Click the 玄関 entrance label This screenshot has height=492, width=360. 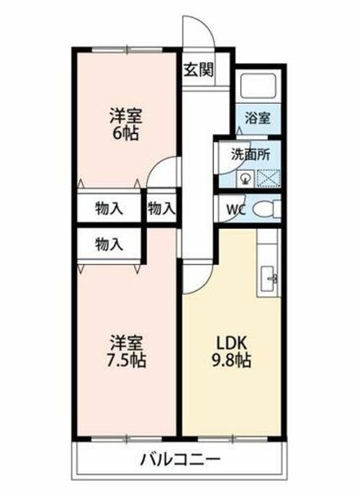(x=198, y=70)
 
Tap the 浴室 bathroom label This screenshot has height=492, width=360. (x=258, y=118)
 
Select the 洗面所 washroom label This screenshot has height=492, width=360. (x=251, y=154)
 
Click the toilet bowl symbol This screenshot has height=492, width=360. (x=266, y=209)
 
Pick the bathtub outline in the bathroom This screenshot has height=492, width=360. (x=258, y=86)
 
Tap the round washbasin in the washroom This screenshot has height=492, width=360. (x=246, y=179)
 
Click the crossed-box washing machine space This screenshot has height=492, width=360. (x=269, y=178)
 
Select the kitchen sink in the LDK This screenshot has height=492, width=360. (x=269, y=279)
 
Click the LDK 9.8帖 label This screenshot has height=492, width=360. (x=232, y=352)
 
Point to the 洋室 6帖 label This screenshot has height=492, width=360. (x=125, y=124)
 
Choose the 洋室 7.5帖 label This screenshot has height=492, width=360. (x=125, y=352)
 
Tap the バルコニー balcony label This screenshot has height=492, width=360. (x=180, y=460)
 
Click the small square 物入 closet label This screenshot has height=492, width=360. (x=161, y=208)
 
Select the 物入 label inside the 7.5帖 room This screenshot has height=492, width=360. (x=109, y=244)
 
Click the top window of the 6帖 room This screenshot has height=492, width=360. (x=127, y=50)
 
